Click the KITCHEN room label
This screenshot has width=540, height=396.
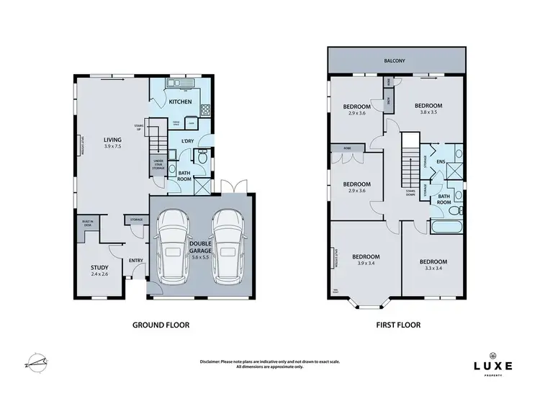point(180,102)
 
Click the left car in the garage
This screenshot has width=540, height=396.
point(172,245)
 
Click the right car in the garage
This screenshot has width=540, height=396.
point(226,245)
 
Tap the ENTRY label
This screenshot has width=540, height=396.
point(136,261)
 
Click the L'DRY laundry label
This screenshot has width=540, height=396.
point(187,140)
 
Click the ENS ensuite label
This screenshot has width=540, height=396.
point(440,163)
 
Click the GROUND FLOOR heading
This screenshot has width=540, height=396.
point(161,325)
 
